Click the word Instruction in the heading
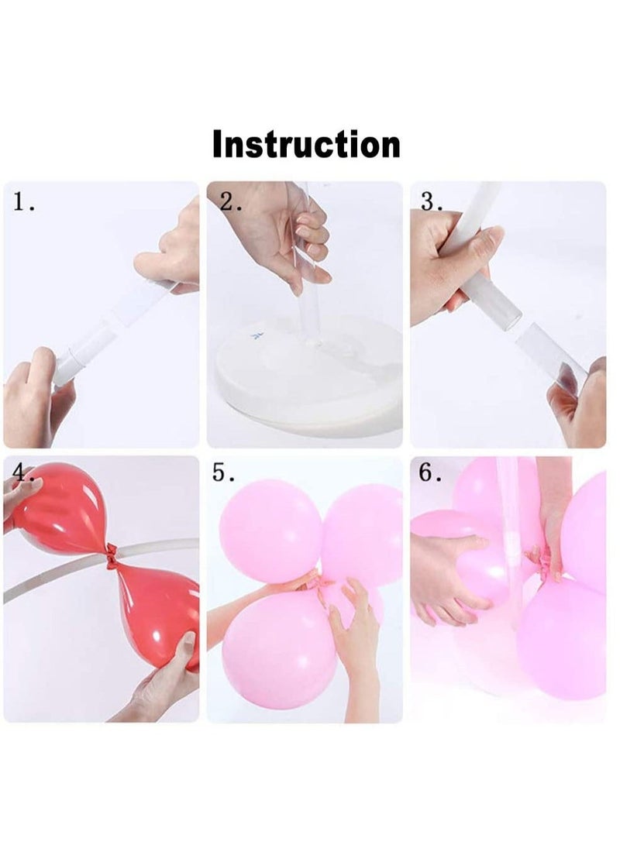tap(306, 145)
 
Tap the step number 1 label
tap(24, 204)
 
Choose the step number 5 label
tap(223, 473)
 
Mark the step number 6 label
tap(430, 473)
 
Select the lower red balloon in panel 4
tap(155, 612)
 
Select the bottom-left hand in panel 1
tap(35, 399)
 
